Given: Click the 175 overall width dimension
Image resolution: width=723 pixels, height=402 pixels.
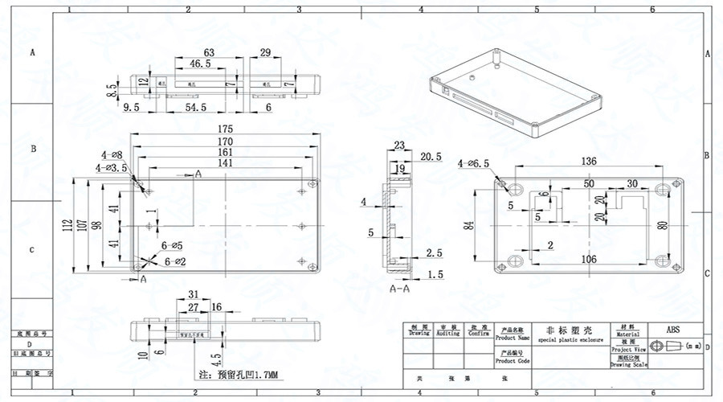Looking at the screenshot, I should tap(225, 129).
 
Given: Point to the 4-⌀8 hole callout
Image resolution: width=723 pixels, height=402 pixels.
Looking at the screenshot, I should tap(112, 154).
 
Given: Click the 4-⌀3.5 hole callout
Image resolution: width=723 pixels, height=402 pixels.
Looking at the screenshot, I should tap(112, 168).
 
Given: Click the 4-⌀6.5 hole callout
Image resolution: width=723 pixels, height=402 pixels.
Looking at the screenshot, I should tap(474, 164).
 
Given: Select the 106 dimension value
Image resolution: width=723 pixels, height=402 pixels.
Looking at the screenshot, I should tap(588, 259).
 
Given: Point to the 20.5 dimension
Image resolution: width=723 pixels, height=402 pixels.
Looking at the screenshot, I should tap(431, 156).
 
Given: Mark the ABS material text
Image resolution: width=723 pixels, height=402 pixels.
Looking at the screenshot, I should tap(672, 330).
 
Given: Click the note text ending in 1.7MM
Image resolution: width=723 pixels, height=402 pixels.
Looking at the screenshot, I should tap(238, 375).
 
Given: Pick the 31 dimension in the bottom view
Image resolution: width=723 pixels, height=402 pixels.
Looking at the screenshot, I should tap(193, 293).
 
